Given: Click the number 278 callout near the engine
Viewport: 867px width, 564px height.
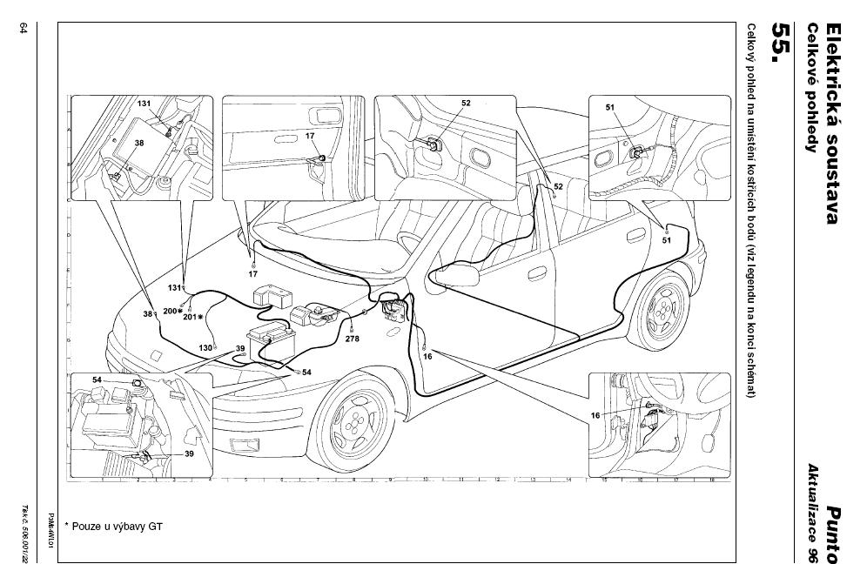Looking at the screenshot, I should click(x=352, y=339).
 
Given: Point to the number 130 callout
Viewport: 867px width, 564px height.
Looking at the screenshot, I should click(x=205, y=347).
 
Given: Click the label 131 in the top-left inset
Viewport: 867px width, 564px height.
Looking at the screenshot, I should click(x=144, y=104).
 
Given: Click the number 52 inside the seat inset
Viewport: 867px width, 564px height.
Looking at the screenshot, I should click(x=466, y=104).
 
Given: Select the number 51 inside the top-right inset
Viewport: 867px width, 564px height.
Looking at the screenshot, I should click(x=610, y=108).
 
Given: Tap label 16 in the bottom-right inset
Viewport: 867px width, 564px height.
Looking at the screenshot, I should click(x=595, y=416).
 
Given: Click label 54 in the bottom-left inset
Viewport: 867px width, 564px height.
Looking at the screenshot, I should click(x=97, y=381).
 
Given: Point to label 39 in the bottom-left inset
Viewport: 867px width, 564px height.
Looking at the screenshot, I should click(x=189, y=453).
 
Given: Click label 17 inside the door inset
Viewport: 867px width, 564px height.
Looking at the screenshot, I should click(x=310, y=136).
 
